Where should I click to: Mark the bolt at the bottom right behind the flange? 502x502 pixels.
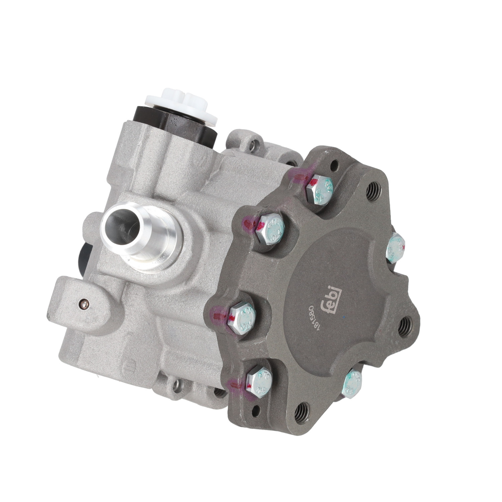353,384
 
